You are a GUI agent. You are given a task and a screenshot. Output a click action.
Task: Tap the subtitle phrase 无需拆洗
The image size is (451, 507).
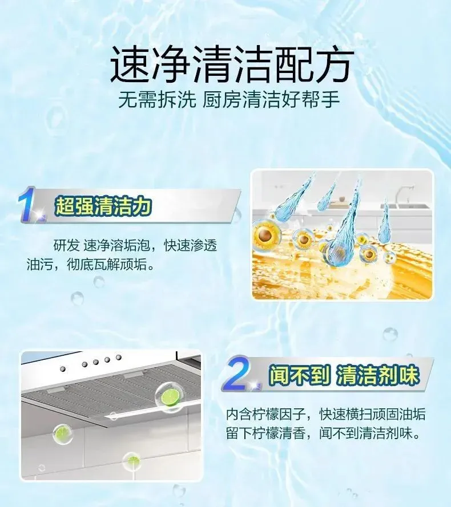click(x=158, y=100)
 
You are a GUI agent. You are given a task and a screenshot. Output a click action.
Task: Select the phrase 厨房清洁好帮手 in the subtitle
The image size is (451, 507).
click(x=271, y=100)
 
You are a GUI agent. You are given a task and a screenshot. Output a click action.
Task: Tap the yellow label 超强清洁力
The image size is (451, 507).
click(x=103, y=206)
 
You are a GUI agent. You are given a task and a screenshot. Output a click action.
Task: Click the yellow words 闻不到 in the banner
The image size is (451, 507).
click(x=300, y=375)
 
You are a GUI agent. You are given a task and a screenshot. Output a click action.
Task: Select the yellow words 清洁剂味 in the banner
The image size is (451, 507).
click(x=378, y=375)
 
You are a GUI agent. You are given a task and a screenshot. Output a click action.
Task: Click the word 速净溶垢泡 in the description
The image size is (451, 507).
click(x=116, y=246)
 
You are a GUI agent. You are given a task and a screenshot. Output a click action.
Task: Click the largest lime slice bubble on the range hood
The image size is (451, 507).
click(x=168, y=397)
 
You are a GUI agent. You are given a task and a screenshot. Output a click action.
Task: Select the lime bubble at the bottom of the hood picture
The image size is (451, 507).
click(x=132, y=461)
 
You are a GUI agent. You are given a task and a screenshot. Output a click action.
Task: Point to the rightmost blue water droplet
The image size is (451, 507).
click(x=385, y=221)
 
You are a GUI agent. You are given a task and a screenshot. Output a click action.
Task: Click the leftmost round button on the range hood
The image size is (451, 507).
click(x=63, y=369)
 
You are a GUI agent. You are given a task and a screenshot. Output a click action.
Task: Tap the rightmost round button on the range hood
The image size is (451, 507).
click(x=119, y=357)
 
